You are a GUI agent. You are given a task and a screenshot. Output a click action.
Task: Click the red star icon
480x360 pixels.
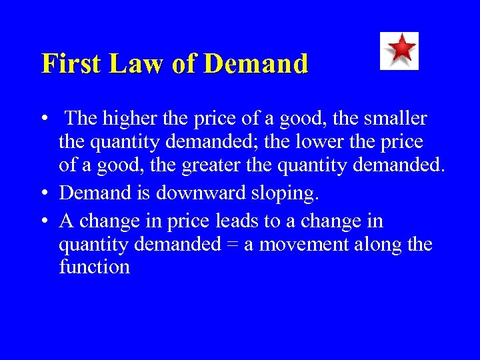[x=399, y=50]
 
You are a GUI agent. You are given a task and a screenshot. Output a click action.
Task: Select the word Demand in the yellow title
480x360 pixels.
[x=257, y=64]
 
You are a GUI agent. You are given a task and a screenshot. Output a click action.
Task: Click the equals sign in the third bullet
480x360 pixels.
[x=231, y=245]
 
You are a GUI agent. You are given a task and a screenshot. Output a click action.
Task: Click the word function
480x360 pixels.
[x=94, y=267]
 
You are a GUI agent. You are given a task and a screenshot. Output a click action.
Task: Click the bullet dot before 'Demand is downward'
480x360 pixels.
[x=43, y=194]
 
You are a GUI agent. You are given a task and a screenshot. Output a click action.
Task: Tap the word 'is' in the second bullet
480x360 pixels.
[x=146, y=193]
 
